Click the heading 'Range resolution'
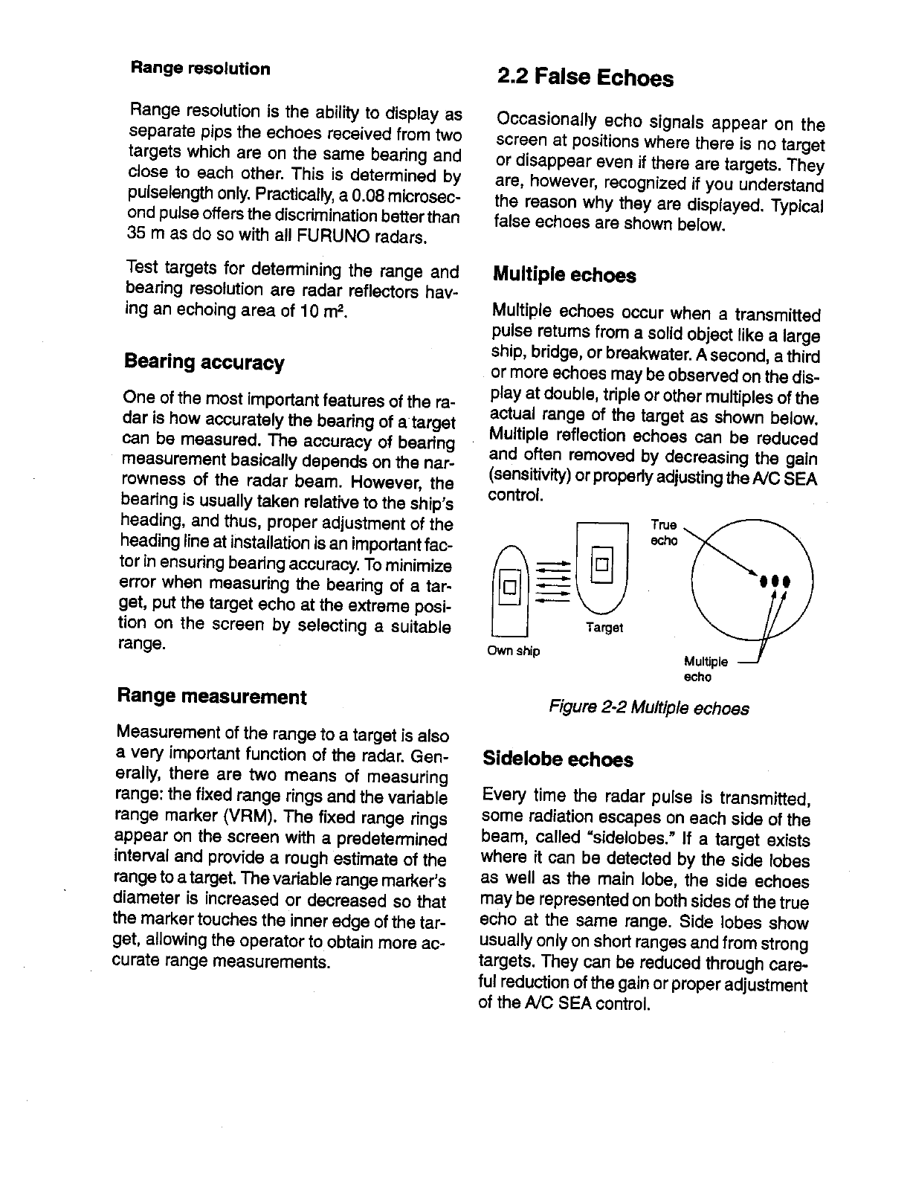200,69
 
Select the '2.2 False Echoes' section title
585,77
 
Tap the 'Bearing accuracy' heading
204,363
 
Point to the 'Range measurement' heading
212,697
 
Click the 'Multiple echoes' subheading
564,276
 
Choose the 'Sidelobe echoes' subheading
558,759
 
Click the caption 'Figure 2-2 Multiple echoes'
648,708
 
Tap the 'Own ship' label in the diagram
513,651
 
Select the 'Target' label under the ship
604,628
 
